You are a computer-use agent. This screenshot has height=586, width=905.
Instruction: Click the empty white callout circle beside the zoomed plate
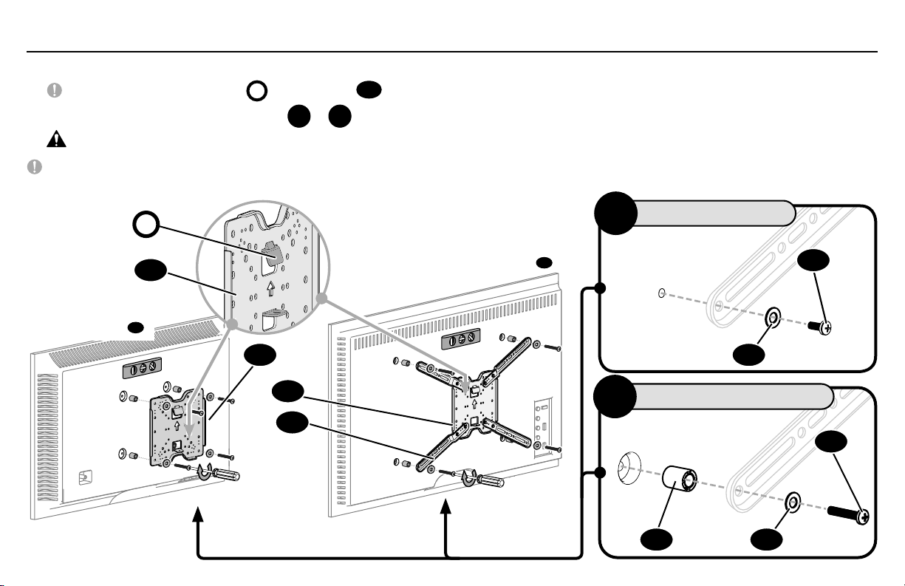(146, 225)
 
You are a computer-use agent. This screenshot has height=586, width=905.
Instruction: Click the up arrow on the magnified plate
(271, 287)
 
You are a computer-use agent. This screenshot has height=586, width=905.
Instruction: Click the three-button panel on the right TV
(460, 341)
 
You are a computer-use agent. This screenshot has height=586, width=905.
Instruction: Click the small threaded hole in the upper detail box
(660, 293)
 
